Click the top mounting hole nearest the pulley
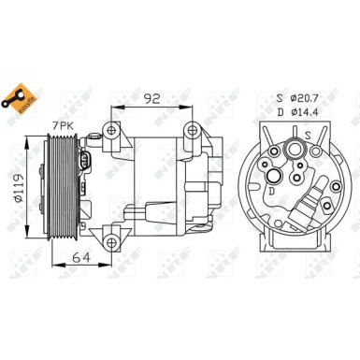click(x=112, y=130)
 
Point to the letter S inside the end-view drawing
click(x=308, y=134)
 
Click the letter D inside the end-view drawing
click(x=271, y=193)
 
